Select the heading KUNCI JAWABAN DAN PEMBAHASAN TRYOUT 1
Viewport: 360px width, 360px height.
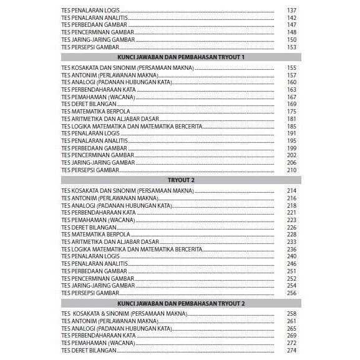pyautogui.click(x=180, y=56)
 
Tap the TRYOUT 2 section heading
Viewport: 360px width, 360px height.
pyautogui.click(x=180, y=180)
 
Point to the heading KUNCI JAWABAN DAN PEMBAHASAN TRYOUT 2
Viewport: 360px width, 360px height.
pyautogui.click(x=180, y=303)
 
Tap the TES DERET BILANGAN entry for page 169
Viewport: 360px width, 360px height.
pyautogui.click(x=85, y=104)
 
